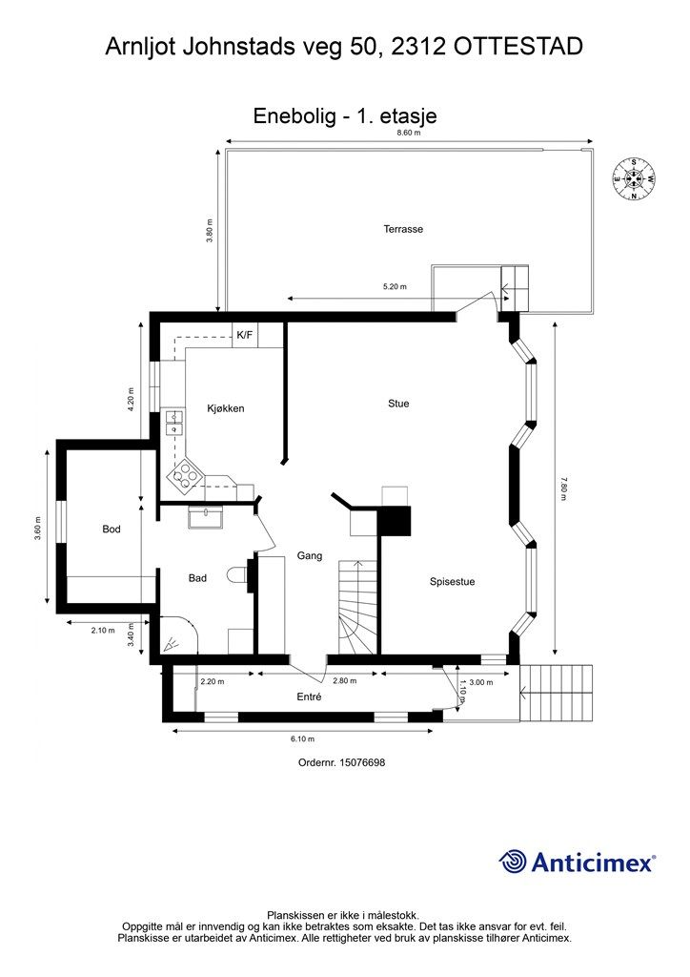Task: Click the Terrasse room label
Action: point(403,229)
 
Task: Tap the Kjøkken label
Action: point(226,408)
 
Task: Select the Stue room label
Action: point(398,404)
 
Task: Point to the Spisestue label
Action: point(453,582)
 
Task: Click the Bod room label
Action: point(112,529)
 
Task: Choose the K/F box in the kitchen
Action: point(245,335)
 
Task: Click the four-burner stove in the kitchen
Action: point(185,477)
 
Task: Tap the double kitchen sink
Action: point(173,422)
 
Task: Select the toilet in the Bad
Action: point(238,575)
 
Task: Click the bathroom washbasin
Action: point(206,517)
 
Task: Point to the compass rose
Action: point(634,179)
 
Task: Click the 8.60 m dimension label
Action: point(409,133)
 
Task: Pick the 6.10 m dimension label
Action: point(302,739)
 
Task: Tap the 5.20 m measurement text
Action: point(395,286)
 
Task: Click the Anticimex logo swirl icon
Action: point(513,862)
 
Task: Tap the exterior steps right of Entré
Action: point(556,693)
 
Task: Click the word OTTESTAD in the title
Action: point(518,47)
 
